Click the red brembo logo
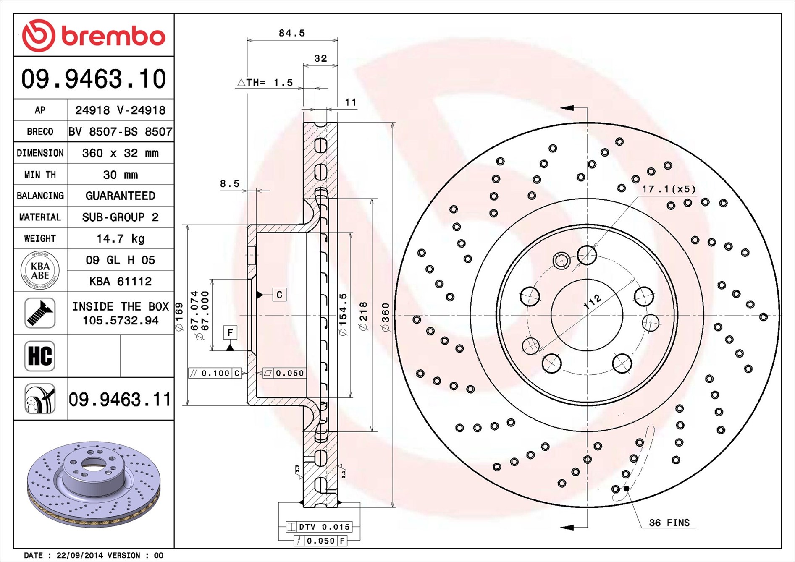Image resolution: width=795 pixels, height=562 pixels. point(93,35)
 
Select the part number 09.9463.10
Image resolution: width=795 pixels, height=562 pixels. point(94,79)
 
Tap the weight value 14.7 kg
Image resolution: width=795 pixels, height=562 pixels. point(121,238)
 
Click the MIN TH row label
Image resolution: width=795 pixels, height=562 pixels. point(40,175)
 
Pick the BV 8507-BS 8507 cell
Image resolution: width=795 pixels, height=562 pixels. point(121,132)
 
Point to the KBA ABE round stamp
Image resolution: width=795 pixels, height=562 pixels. point(40,270)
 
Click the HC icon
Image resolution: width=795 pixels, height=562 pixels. point(40,356)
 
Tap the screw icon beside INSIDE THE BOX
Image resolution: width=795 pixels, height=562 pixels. point(40,313)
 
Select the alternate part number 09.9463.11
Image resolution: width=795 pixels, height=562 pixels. point(120,399)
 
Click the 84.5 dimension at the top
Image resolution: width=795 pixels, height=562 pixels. point(292,33)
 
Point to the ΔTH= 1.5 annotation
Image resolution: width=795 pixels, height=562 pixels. point(265,82)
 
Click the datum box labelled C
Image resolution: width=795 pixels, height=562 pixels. point(279,295)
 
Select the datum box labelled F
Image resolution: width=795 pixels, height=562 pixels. point(230,332)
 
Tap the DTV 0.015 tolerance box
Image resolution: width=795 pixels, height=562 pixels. point(319,526)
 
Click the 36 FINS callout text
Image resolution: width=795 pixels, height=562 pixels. point(669,523)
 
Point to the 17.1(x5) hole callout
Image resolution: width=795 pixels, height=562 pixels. point(669,189)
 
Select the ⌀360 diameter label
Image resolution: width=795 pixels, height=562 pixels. point(385,317)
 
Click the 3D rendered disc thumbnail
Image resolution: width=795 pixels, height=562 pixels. point(94,484)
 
